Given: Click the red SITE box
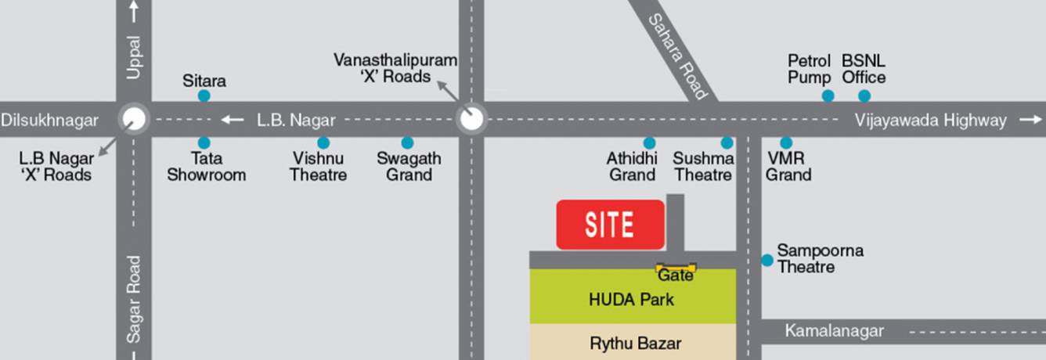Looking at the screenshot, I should tap(610, 225).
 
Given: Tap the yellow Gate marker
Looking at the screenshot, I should tap(676, 268).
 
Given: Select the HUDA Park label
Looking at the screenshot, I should tap(631, 299).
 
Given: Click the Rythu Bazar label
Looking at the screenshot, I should tap(635, 343).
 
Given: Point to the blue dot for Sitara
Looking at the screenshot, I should tap(204, 95).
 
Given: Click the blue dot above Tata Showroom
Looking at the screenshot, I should tap(204, 142).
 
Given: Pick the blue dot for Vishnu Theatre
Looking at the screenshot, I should tap(323, 142).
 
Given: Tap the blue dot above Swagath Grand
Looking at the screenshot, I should tap(407, 142).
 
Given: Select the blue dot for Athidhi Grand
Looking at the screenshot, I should tap(649, 142).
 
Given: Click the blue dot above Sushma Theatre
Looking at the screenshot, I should tap(727, 142).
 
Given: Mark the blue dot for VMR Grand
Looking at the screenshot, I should tap(786, 142).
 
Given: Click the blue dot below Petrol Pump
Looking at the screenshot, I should tap(828, 95).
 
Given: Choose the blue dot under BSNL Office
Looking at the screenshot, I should tap(864, 95).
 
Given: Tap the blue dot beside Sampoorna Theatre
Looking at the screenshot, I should tap(767, 260).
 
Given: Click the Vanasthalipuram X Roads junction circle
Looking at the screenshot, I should tap(471, 120).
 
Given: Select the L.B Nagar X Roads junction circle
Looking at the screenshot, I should tap(134, 120).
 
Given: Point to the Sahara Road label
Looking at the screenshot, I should tap(678, 55).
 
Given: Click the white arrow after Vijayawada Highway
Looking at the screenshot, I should tap(1030, 120).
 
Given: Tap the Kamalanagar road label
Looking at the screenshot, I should tap(834, 331).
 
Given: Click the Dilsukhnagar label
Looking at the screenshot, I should tap(50, 120).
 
